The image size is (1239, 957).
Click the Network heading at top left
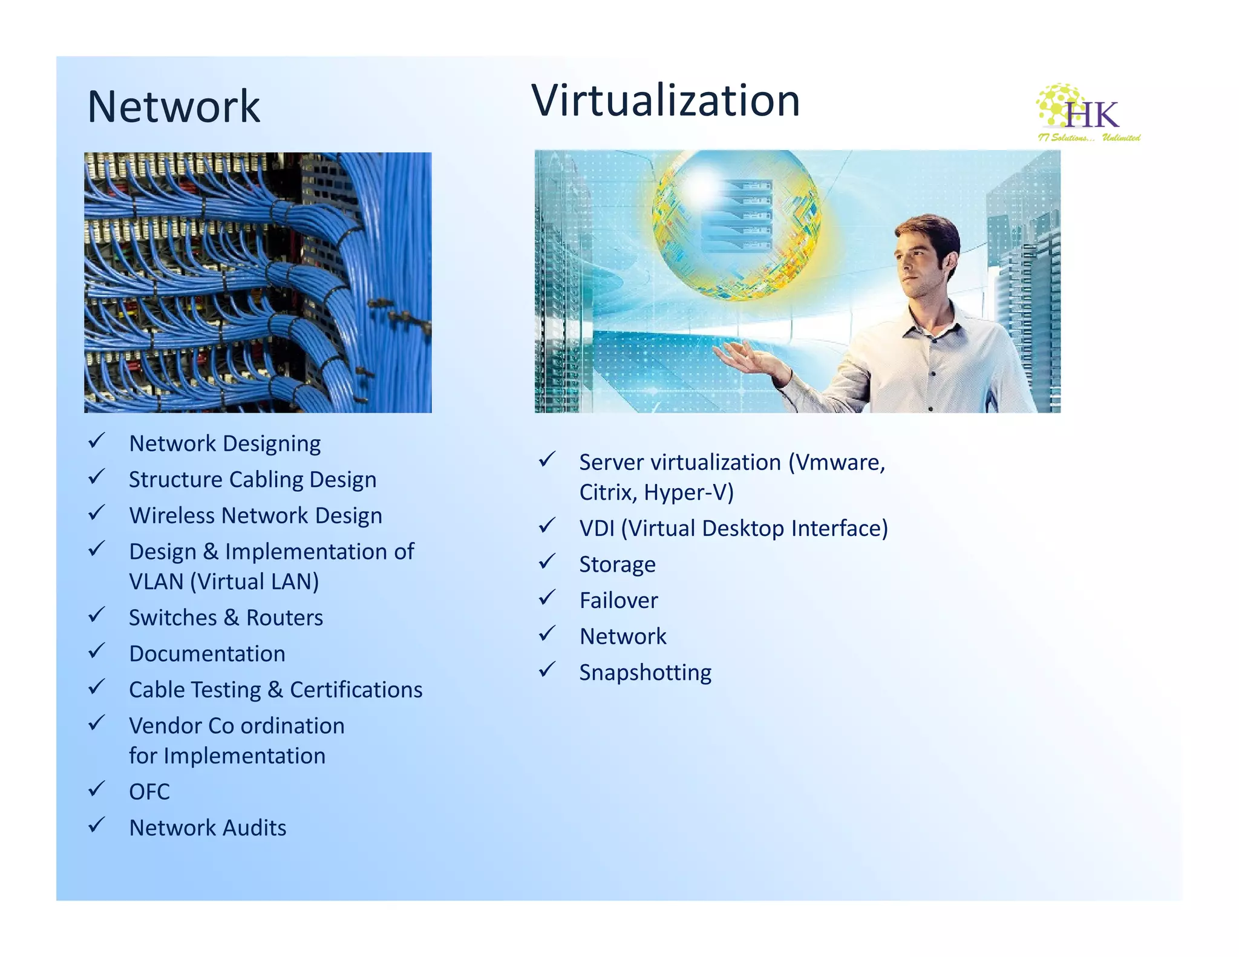pos(174,107)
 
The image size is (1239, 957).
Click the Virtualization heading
pos(665,100)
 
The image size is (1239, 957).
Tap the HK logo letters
pos(1092,115)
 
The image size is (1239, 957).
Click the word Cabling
pos(266,480)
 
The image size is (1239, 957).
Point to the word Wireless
pos(172,515)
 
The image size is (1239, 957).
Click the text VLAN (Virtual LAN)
pos(224,581)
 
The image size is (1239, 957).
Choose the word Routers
pos(284,618)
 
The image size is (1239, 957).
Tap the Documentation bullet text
pos(207,654)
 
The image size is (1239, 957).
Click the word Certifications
pos(356,690)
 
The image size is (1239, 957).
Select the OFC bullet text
pos(149,792)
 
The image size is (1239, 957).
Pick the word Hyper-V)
pos(688,492)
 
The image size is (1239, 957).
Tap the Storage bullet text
pos(617,564)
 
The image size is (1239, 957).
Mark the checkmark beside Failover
pos(547,598)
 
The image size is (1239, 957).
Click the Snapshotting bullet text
pos(645,673)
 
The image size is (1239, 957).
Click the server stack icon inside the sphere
pos(737,215)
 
